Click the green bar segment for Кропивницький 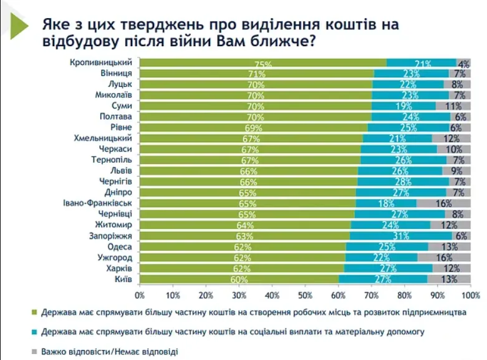pyautogui.click(x=262, y=63)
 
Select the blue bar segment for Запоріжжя pyautogui.click(x=400, y=236)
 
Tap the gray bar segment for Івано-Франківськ pyautogui.click(x=443, y=203)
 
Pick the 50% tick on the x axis pyautogui.click(x=305, y=294)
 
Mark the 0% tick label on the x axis pyautogui.click(x=140, y=294)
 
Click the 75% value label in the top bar pyautogui.click(x=263, y=64)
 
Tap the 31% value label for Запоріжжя pyautogui.click(x=401, y=236)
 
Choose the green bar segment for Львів pyautogui.click(x=248, y=171)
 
